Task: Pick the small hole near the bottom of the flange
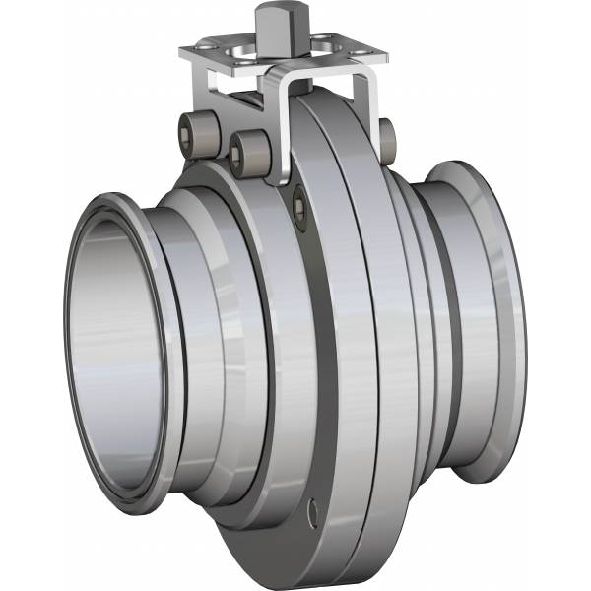(314, 511)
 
